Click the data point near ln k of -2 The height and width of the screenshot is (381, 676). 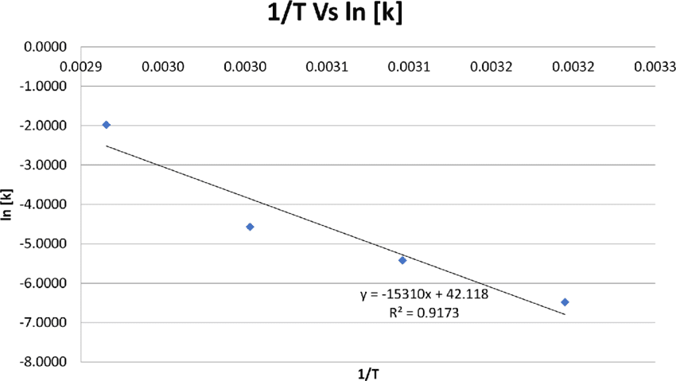pos(107,125)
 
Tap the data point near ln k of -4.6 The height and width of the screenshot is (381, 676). pos(251,227)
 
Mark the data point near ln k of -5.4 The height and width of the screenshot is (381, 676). pos(402,260)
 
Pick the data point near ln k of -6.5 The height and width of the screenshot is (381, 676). pos(565,302)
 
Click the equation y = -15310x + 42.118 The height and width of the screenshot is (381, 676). pos(424,295)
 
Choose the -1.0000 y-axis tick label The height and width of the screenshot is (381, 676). pos(45,86)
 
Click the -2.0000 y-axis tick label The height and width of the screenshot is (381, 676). pos(45,126)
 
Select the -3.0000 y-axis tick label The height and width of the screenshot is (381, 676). pos(45,165)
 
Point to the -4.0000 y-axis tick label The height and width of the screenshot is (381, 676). pos(45,204)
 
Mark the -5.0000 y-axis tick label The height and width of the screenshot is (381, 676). pos(45,244)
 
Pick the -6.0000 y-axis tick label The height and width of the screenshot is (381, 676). pos(45,283)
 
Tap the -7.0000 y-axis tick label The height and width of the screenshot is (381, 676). pos(45,323)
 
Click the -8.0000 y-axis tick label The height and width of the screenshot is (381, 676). pos(45,363)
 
